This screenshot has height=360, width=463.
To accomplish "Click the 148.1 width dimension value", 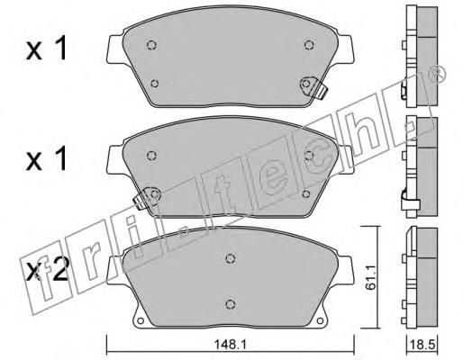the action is tap(230, 345).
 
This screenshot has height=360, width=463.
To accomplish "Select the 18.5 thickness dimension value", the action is tap(422, 345).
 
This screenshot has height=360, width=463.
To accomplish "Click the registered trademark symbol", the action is tap(438, 74).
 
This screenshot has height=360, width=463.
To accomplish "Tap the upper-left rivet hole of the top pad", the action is tap(152, 45).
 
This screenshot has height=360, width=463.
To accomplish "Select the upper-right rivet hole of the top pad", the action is tap(309, 45).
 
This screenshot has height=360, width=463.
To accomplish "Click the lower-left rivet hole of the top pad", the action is tap(155, 84).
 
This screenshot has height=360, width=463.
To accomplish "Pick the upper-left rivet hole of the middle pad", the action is tap(152, 156).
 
